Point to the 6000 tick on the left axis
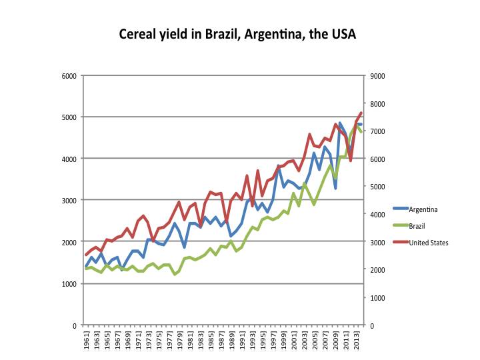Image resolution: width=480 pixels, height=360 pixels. [69, 75]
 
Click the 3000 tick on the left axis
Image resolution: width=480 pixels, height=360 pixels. [69, 200]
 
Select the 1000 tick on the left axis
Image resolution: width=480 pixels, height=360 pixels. [69, 283]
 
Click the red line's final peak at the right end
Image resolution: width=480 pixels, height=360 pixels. [361, 113]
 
